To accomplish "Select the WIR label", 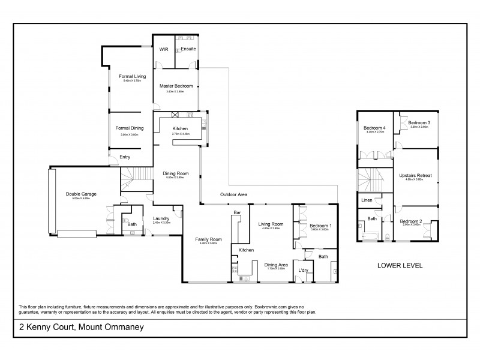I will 163,49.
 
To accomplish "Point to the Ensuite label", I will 188,48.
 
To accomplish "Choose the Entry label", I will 125,157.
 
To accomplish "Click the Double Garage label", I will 81,194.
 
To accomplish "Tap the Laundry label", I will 161,218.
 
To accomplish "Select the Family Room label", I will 208,239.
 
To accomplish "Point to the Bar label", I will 237,212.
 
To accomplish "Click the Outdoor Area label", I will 233,194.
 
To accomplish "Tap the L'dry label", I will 304,271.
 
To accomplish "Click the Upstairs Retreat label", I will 415,175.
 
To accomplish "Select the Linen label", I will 365,200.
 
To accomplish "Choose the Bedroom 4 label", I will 374,127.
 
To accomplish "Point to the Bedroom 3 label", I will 419,122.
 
